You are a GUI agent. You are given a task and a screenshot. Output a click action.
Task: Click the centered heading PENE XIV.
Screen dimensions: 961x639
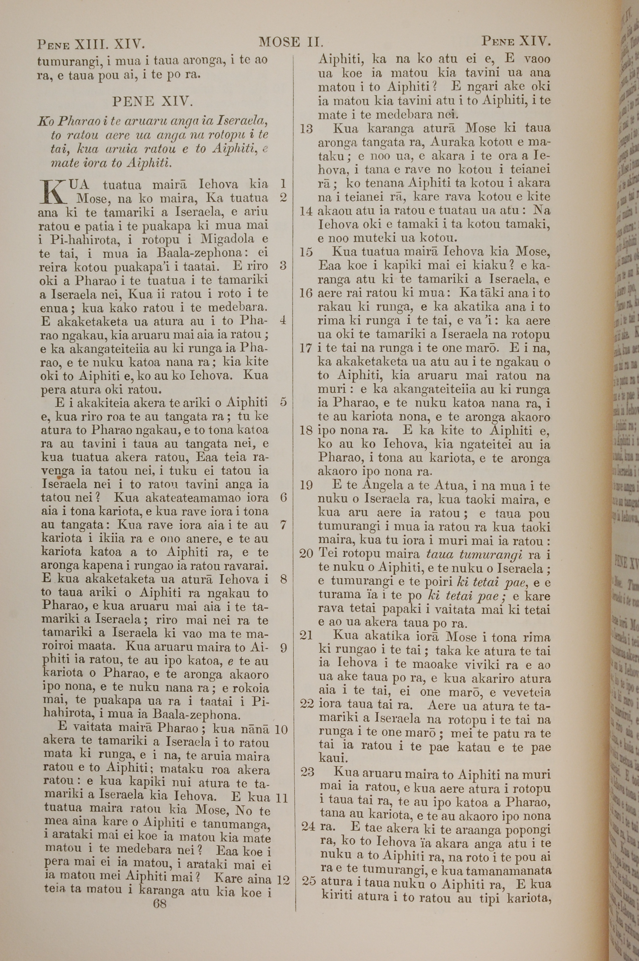153,101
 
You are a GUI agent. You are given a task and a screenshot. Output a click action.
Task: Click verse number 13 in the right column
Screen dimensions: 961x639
306,129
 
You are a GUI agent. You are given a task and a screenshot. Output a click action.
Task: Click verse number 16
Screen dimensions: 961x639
306,293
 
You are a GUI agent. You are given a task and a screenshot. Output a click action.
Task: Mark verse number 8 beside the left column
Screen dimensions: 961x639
284,579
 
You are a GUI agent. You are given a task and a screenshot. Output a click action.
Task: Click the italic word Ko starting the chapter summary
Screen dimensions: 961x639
44,121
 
